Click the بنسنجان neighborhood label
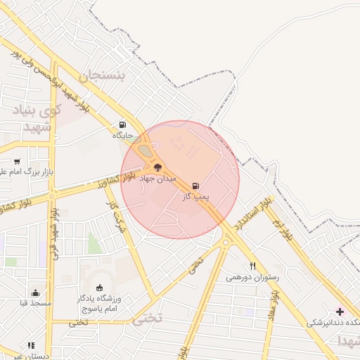(x=106, y=76)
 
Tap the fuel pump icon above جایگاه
(x=123, y=124)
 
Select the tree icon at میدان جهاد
(x=157, y=167)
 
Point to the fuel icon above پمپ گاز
(x=195, y=186)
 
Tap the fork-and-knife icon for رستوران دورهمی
(x=252, y=266)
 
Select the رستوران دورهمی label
(x=252, y=277)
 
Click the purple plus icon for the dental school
(x=340, y=311)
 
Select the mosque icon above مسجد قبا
(x=36, y=292)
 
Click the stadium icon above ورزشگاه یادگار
(x=99, y=287)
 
